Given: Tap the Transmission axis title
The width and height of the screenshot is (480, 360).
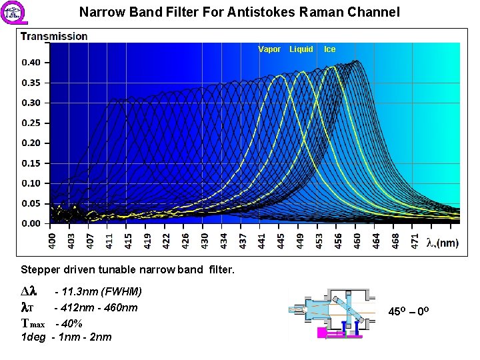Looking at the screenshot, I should coord(54,36).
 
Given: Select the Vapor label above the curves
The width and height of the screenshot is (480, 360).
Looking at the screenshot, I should coord(269,49).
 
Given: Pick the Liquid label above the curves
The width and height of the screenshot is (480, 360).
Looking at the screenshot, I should coord(301,49).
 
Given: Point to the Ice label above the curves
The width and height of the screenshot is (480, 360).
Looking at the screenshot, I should coord(330,49).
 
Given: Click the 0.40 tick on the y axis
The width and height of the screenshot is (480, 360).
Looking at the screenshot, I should coord(31,63).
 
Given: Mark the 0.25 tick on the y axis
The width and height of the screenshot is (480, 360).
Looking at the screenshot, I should coord(31,123).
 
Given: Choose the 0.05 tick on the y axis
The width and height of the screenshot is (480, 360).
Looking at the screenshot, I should coord(31,203).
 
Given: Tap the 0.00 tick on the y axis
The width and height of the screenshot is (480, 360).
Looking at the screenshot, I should coord(31,223).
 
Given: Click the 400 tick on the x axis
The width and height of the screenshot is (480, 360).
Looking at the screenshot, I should coord(53,241).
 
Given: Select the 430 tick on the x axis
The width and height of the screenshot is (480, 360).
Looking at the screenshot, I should coord(205,241).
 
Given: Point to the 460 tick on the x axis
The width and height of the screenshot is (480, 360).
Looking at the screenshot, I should coord(357,241).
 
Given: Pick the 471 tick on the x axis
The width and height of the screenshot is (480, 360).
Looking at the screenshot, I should coord(414,241).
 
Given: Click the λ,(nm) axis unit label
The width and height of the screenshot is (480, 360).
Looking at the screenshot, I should coord(442,243).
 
